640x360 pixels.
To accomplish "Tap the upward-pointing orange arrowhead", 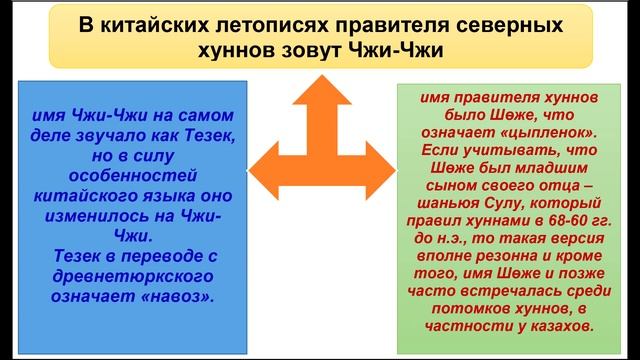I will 317,94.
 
